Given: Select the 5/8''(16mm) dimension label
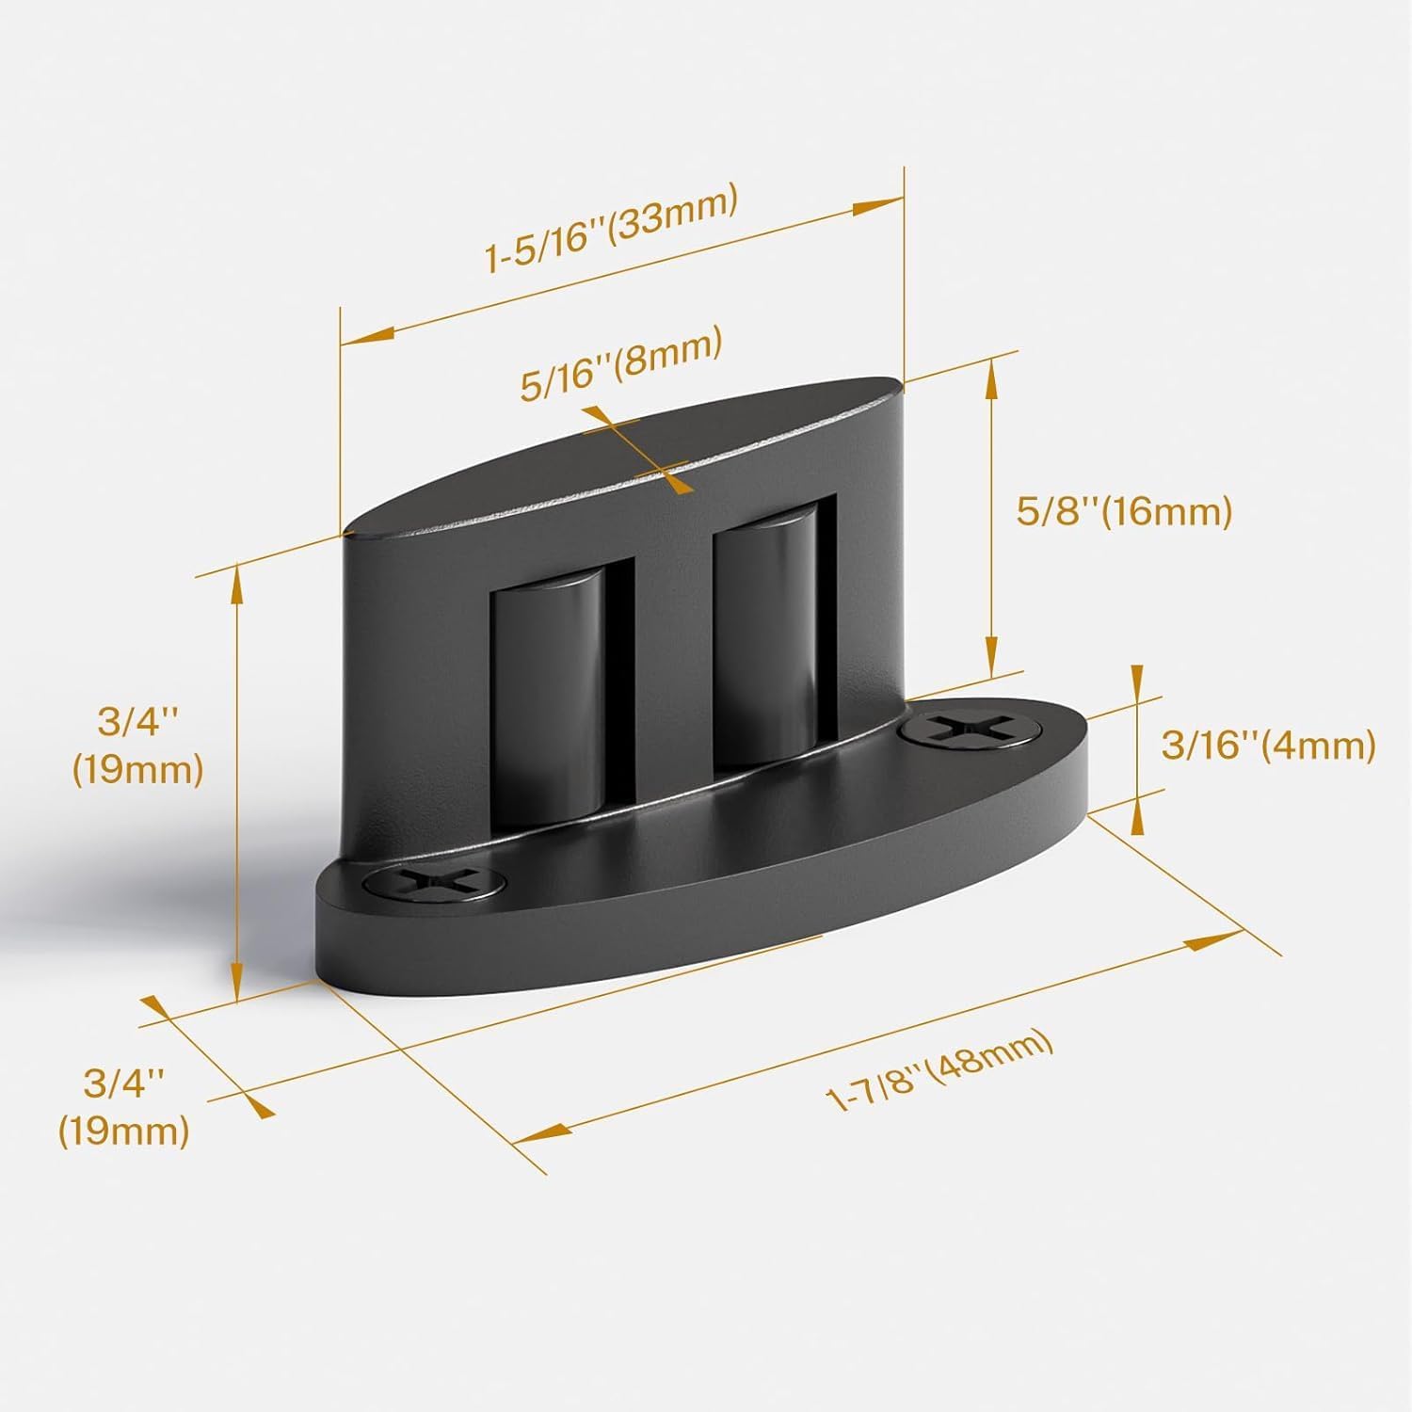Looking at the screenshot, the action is pyautogui.click(x=1124, y=514).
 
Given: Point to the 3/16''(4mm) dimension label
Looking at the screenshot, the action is pyautogui.click(x=1268, y=746).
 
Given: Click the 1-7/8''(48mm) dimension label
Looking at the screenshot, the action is pyautogui.click(x=939, y=1071).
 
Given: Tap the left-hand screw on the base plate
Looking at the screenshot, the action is pyautogui.click(x=432, y=882).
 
